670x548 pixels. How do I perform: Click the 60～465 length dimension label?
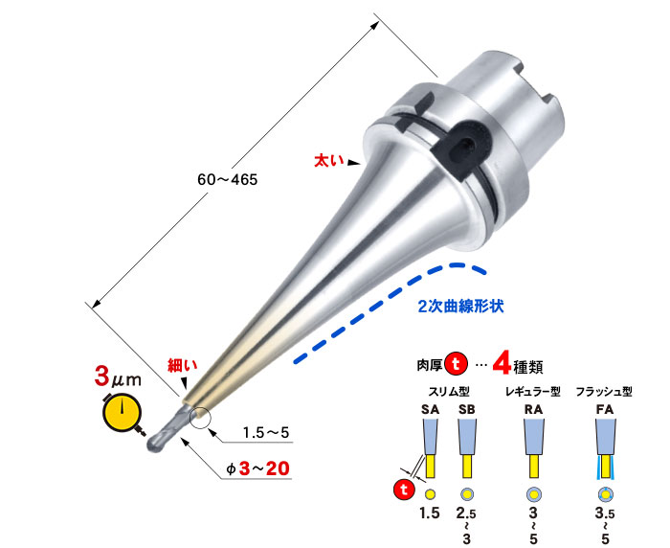tap(228, 180)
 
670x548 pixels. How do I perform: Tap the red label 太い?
tap(329, 160)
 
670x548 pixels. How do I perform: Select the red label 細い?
tap(183, 365)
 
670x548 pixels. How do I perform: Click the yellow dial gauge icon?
tap(123, 414)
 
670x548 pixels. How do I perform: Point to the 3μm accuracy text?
tap(118, 377)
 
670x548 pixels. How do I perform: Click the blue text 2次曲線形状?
tap(460, 307)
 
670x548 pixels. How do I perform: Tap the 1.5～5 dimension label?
tap(266, 433)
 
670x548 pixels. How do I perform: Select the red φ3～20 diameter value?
tap(258, 468)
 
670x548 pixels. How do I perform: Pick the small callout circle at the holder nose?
tap(201, 418)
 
